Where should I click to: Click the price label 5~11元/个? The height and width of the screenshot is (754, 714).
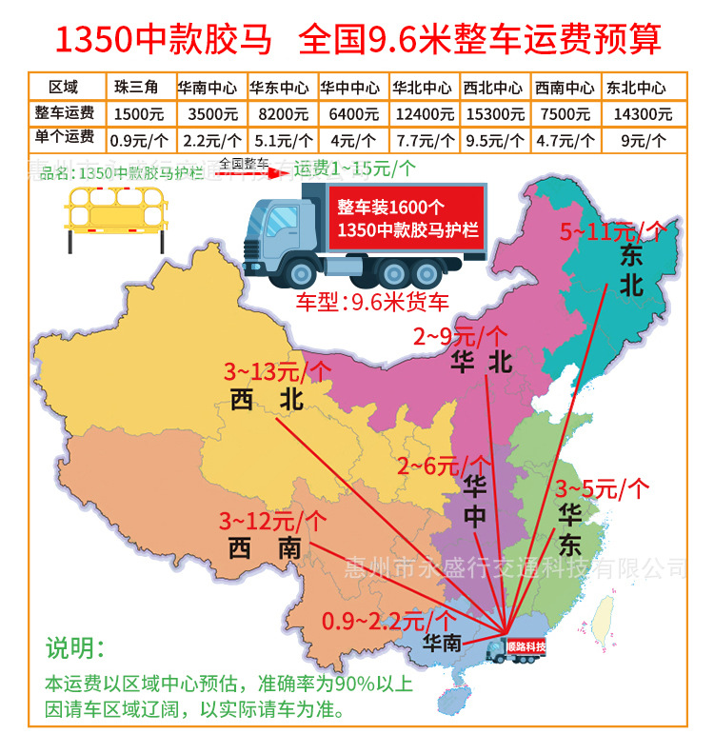pos(612,230)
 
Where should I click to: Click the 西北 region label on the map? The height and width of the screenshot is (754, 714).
pos(267,401)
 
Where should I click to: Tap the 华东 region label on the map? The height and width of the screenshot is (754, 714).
pos(570,529)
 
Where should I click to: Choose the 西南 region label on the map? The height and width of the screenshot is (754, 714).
pos(265,547)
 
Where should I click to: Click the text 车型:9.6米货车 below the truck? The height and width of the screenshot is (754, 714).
pos(372,307)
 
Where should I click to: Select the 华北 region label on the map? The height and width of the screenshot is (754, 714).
pos(482,362)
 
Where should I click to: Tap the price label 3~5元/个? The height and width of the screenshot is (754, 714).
pos(602,489)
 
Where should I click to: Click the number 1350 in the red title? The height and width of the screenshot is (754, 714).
pos(95,40)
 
